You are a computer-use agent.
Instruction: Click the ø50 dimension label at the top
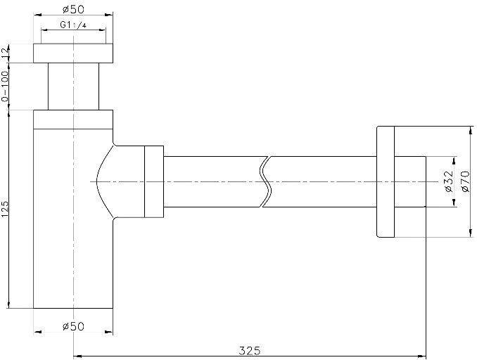click(x=73, y=9)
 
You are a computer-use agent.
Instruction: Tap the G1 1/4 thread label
click(x=73, y=25)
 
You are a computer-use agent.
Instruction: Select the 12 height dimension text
click(x=5, y=53)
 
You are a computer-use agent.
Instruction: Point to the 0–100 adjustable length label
click(x=5, y=86)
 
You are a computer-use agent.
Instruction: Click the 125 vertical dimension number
click(x=5, y=209)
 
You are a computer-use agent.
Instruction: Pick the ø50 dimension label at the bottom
click(x=73, y=326)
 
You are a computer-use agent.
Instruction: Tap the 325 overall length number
click(x=250, y=351)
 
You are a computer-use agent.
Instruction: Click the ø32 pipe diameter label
click(x=450, y=181)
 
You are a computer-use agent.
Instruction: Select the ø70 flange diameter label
click(x=466, y=181)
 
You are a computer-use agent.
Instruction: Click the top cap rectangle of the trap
click(x=73, y=53)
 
